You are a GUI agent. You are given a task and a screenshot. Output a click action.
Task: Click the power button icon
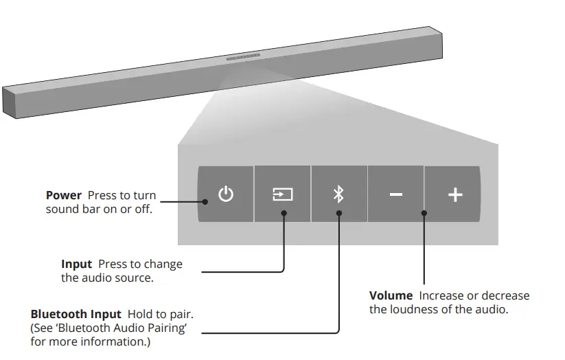pos(226,194)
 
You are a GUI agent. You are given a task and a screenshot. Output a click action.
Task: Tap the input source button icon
pos(282,194)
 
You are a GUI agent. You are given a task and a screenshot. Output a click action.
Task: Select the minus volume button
pos(395,194)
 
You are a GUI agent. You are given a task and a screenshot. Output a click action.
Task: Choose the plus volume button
pos(454,194)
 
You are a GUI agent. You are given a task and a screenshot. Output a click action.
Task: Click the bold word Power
pos(64,196)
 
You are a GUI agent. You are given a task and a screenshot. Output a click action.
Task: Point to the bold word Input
pos(76,265)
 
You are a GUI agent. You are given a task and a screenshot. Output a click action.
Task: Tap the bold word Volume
pos(391,295)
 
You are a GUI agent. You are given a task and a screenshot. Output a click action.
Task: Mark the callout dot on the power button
pos(205,202)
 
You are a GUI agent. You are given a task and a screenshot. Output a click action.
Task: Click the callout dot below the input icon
pos(284,213)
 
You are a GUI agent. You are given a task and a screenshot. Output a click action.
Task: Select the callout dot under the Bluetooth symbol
pos(338,213)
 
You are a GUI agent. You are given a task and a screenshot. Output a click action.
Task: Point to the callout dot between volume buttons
pos(424,213)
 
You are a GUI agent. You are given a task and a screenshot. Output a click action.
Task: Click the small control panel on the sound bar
pos(243,58)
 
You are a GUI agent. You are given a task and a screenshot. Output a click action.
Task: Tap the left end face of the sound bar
pos(8,102)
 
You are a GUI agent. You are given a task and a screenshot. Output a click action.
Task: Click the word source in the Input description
pos(135,278)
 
